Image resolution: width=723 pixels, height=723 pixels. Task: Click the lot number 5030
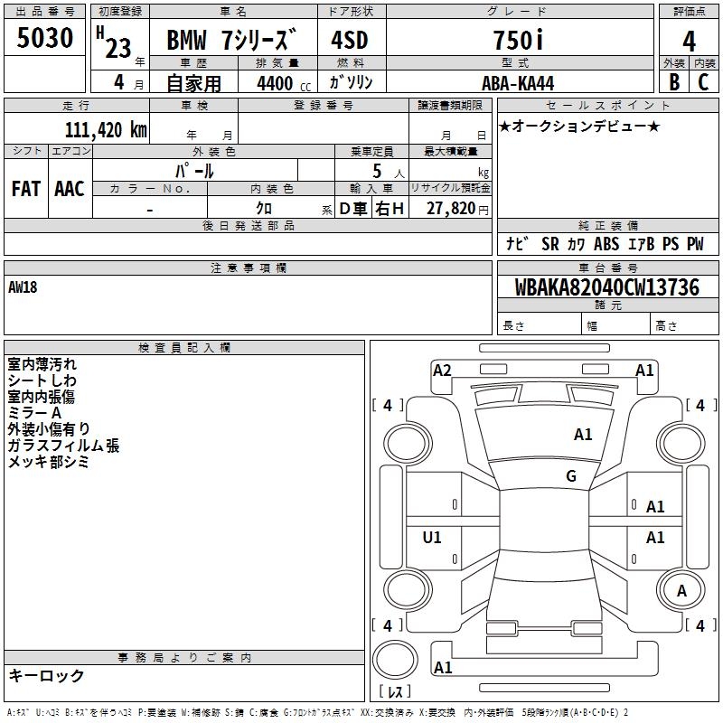[x=44, y=37]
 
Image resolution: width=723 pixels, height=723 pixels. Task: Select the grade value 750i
[x=519, y=40]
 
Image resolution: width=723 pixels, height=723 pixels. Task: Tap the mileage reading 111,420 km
[x=106, y=129]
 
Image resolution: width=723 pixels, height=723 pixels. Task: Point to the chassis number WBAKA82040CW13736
[x=606, y=286]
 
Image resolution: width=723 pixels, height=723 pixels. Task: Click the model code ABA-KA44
[x=518, y=83]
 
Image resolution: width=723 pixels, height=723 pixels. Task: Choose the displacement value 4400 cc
[x=284, y=83]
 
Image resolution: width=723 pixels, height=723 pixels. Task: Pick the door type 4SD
[x=350, y=40]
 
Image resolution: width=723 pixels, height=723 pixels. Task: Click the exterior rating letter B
[x=674, y=82]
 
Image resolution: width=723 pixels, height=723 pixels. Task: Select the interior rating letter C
[x=703, y=82]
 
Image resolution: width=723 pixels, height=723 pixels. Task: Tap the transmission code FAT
[x=26, y=189]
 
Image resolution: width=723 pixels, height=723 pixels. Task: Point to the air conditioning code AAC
[x=70, y=189]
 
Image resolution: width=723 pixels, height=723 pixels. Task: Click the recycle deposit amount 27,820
[x=451, y=209]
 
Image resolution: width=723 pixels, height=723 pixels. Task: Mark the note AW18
[x=23, y=287]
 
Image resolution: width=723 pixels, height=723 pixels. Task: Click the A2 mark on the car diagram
[x=442, y=371]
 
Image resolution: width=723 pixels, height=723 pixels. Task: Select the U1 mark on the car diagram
[x=432, y=537]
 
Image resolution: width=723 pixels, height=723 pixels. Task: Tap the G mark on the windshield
[x=571, y=475]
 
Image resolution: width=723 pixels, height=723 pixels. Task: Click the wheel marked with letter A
[x=681, y=591]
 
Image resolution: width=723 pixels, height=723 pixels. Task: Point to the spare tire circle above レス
[x=395, y=660]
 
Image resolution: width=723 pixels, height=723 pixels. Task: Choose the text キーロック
[x=46, y=675]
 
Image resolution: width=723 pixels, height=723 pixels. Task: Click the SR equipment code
[x=550, y=244]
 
